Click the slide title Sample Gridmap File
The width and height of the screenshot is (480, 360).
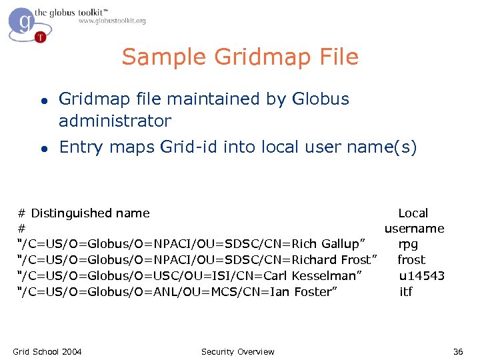click(x=240, y=57)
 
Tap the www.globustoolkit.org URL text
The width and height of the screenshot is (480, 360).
click(x=112, y=21)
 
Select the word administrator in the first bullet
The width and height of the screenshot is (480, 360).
click(x=115, y=121)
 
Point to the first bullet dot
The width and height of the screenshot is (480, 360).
click(x=43, y=100)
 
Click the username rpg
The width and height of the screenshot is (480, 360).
click(x=408, y=244)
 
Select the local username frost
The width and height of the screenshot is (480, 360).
click(x=411, y=260)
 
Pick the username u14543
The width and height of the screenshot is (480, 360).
click(x=422, y=275)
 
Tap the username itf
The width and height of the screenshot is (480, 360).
click(x=406, y=291)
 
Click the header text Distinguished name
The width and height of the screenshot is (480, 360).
click(x=90, y=213)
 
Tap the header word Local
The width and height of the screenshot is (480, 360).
click(x=413, y=213)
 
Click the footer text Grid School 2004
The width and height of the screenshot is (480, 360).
click(x=47, y=351)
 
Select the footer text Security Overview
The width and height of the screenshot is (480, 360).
click(x=237, y=351)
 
